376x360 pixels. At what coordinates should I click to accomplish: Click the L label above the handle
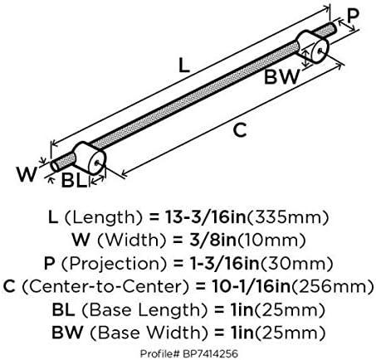[x=184, y=66]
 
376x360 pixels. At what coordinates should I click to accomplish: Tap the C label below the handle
[x=240, y=130]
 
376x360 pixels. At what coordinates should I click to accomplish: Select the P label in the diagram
[x=353, y=16]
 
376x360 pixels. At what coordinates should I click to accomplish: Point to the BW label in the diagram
[x=281, y=76]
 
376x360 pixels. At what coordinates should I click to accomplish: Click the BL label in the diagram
[x=74, y=180]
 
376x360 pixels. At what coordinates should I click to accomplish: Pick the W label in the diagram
[x=27, y=174]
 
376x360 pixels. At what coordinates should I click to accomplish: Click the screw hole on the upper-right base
[x=320, y=51]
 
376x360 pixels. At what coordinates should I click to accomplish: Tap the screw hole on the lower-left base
[x=96, y=163]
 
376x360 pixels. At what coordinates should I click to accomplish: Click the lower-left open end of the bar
[x=55, y=166]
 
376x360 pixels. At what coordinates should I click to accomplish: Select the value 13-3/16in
[x=205, y=217]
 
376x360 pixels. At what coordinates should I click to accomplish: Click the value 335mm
[x=287, y=217]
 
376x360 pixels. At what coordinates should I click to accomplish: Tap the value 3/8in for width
[x=212, y=240]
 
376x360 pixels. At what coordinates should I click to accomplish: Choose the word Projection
[x=114, y=264]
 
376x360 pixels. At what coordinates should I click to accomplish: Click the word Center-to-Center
[x=106, y=286]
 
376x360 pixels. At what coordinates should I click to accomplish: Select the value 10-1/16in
[x=251, y=286]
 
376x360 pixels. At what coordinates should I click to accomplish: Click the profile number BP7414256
[x=210, y=353]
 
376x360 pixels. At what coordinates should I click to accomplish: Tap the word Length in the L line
[x=104, y=217]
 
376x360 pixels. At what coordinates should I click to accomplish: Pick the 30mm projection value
[x=296, y=264]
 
